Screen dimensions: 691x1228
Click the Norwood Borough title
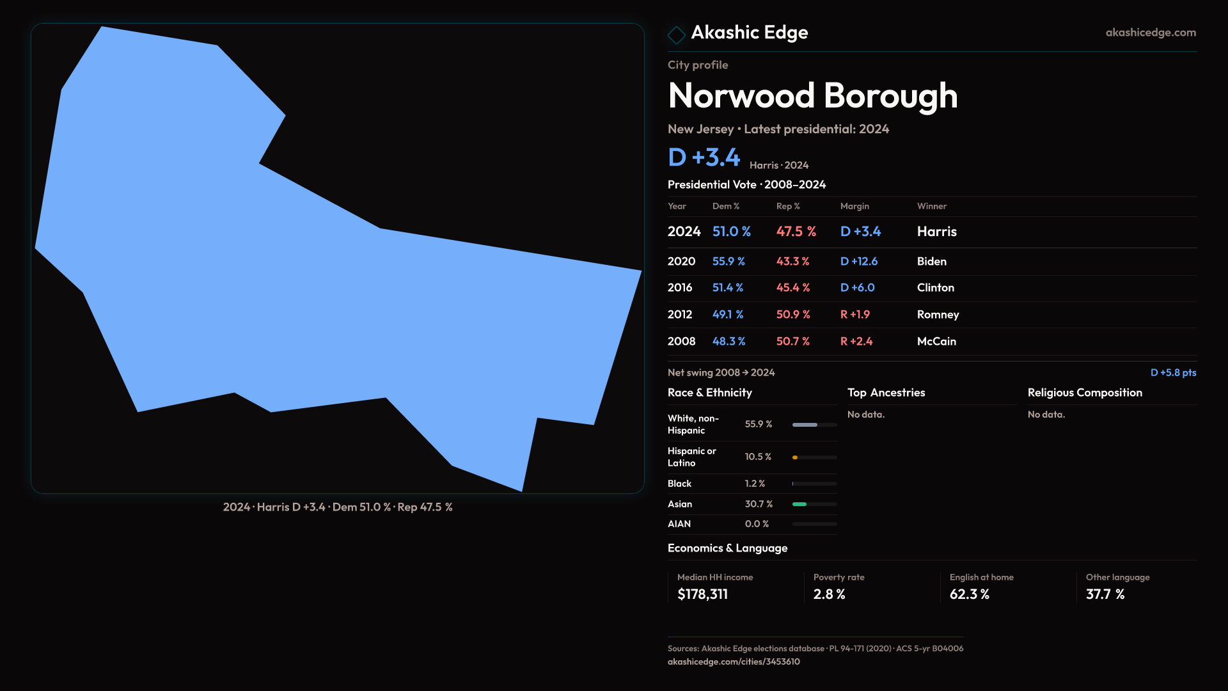(x=812, y=96)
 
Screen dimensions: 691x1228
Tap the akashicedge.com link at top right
(x=1151, y=33)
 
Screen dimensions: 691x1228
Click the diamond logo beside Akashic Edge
(x=676, y=35)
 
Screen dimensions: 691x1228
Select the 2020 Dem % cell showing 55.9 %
(x=728, y=261)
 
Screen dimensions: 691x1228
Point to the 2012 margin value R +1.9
(x=854, y=314)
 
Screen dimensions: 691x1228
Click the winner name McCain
(x=936, y=341)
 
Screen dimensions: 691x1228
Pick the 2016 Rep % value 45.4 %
(x=792, y=287)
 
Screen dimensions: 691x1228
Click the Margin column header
(x=854, y=206)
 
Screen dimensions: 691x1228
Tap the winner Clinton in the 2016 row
(x=935, y=287)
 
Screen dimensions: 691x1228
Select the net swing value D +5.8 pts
(x=1173, y=372)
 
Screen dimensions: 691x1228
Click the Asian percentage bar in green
(x=799, y=504)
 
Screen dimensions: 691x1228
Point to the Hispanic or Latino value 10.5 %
(x=758, y=457)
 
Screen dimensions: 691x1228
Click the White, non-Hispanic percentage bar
(x=805, y=425)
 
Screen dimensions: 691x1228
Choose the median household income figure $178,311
(x=702, y=594)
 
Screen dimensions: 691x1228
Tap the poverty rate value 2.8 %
(x=829, y=594)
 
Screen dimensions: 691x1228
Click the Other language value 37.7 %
(x=1105, y=594)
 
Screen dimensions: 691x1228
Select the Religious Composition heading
(x=1085, y=393)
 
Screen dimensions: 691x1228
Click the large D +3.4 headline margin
(x=704, y=157)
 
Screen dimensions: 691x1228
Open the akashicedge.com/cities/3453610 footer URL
(x=734, y=662)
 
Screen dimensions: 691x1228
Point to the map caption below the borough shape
(x=338, y=507)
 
